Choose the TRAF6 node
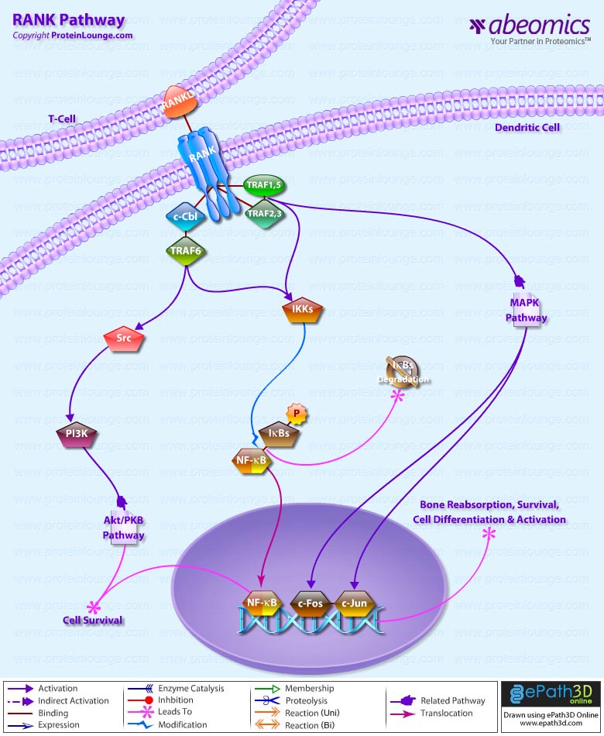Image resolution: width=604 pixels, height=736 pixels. pos(186,250)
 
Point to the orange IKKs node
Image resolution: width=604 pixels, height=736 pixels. pos(301,311)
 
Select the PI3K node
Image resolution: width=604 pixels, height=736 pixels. pos(76,434)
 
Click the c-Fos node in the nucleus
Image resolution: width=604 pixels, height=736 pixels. pos(311,601)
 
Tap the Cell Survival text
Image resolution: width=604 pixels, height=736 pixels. pos(92,621)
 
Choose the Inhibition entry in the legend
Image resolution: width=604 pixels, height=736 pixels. pos(174,700)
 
